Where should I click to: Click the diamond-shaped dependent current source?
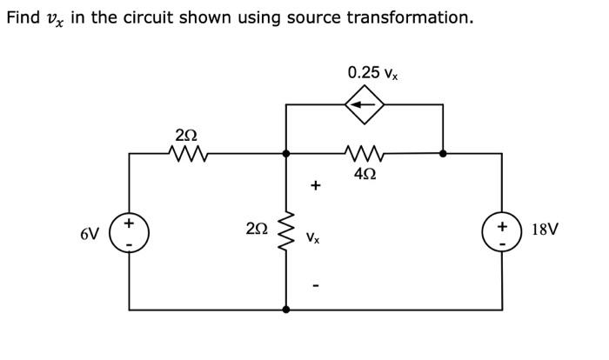(x=365, y=104)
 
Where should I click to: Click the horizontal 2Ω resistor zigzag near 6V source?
(x=185, y=154)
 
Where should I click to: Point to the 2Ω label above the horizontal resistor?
(x=185, y=135)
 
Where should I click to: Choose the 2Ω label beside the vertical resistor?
(x=257, y=230)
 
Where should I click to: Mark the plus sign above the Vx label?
(x=315, y=185)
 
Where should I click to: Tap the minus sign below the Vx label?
(x=315, y=284)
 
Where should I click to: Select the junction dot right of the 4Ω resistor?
(x=443, y=153)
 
